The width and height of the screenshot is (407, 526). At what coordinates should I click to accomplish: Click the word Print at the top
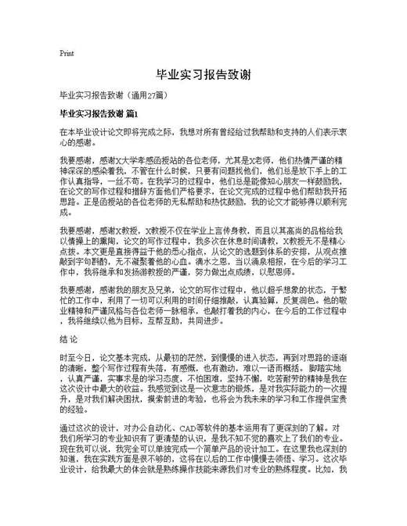click(x=67, y=53)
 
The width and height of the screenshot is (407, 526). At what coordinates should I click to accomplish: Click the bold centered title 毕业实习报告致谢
click(x=203, y=75)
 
